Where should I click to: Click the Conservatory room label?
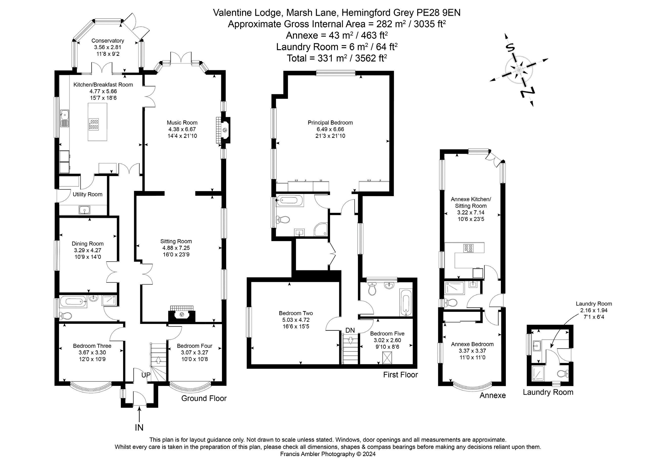(108, 41)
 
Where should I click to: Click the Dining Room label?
(87, 244)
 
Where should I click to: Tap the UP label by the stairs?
(146, 375)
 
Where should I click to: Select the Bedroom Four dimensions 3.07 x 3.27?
(194, 352)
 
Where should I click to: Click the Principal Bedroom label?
(330, 123)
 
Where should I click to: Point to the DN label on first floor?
(350, 330)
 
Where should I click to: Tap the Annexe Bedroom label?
(472, 344)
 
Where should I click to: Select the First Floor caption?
(401, 375)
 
